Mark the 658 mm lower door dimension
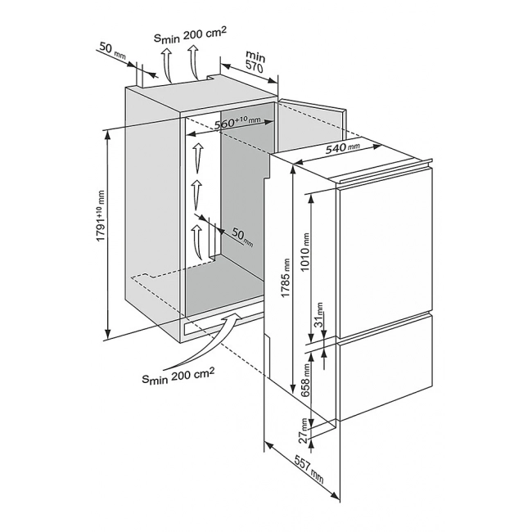click(x=305, y=380)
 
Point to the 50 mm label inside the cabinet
click(x=242, y=237)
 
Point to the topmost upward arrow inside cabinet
click(x=196, y=156)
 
